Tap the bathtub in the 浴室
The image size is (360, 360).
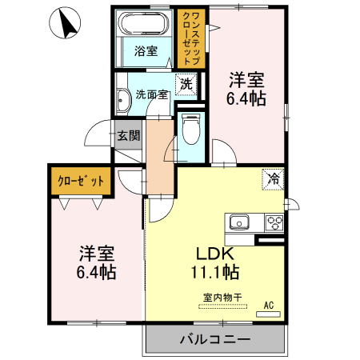[146, 25]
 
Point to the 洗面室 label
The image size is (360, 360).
[150, 93]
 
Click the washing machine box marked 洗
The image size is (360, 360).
[186, 84]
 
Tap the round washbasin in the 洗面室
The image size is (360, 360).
[124, 101]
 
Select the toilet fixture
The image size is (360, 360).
[190, 126]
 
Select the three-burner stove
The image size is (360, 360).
[274, 222]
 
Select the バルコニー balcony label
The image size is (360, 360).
[214, 339]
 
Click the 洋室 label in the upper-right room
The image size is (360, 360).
[247, 80]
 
